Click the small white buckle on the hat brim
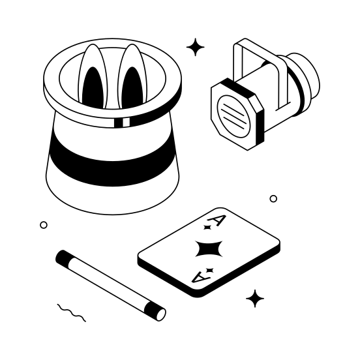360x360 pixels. [x=121, y=122]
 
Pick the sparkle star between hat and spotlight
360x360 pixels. [x=195, y=47]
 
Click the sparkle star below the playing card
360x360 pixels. [x=255, y=299]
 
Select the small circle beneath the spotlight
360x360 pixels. [x=273, y=198]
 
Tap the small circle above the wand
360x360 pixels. [x=44, y=225]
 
